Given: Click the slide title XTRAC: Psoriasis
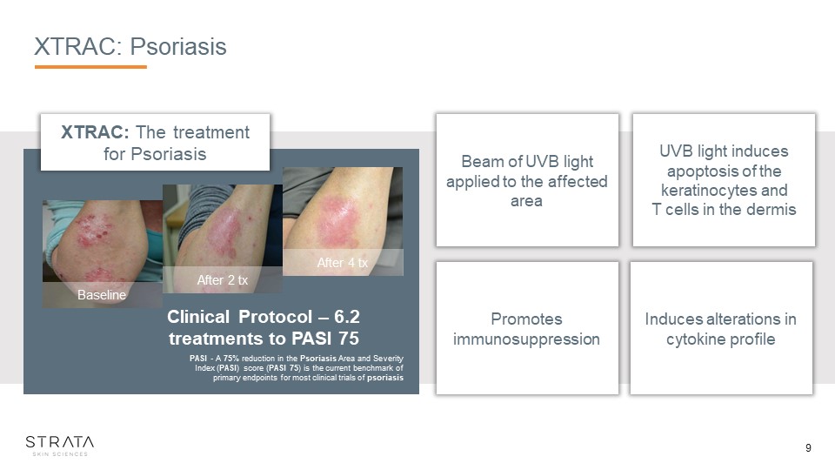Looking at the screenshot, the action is click(x=130, y=46).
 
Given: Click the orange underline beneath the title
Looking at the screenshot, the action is click(x=90, y=67).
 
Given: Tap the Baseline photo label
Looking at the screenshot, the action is click(x=102, y=295).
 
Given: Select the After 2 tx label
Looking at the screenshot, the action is click(x=223, y=279).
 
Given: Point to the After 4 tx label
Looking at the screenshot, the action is click(x=343, y=262).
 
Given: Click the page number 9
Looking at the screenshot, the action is click(x=808, y=448).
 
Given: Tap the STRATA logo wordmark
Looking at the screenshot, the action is click(x=60, y=442).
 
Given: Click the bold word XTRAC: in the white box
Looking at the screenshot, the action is click(x=95, y=131).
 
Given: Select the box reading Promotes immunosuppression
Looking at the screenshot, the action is click(x=527, y=328).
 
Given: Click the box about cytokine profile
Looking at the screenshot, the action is click(x=721, y=328).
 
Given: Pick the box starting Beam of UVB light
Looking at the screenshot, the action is click(x=527, y=180).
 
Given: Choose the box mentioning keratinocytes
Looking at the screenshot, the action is click(x=724, y=180).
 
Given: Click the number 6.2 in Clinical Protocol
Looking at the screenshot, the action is click(x=347, y=317).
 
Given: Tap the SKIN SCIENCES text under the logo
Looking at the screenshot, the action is click(x=60, y=454).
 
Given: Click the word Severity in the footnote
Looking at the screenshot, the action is click(x=388, y=358).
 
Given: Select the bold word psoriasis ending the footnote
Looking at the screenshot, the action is click(x=385, y=378).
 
